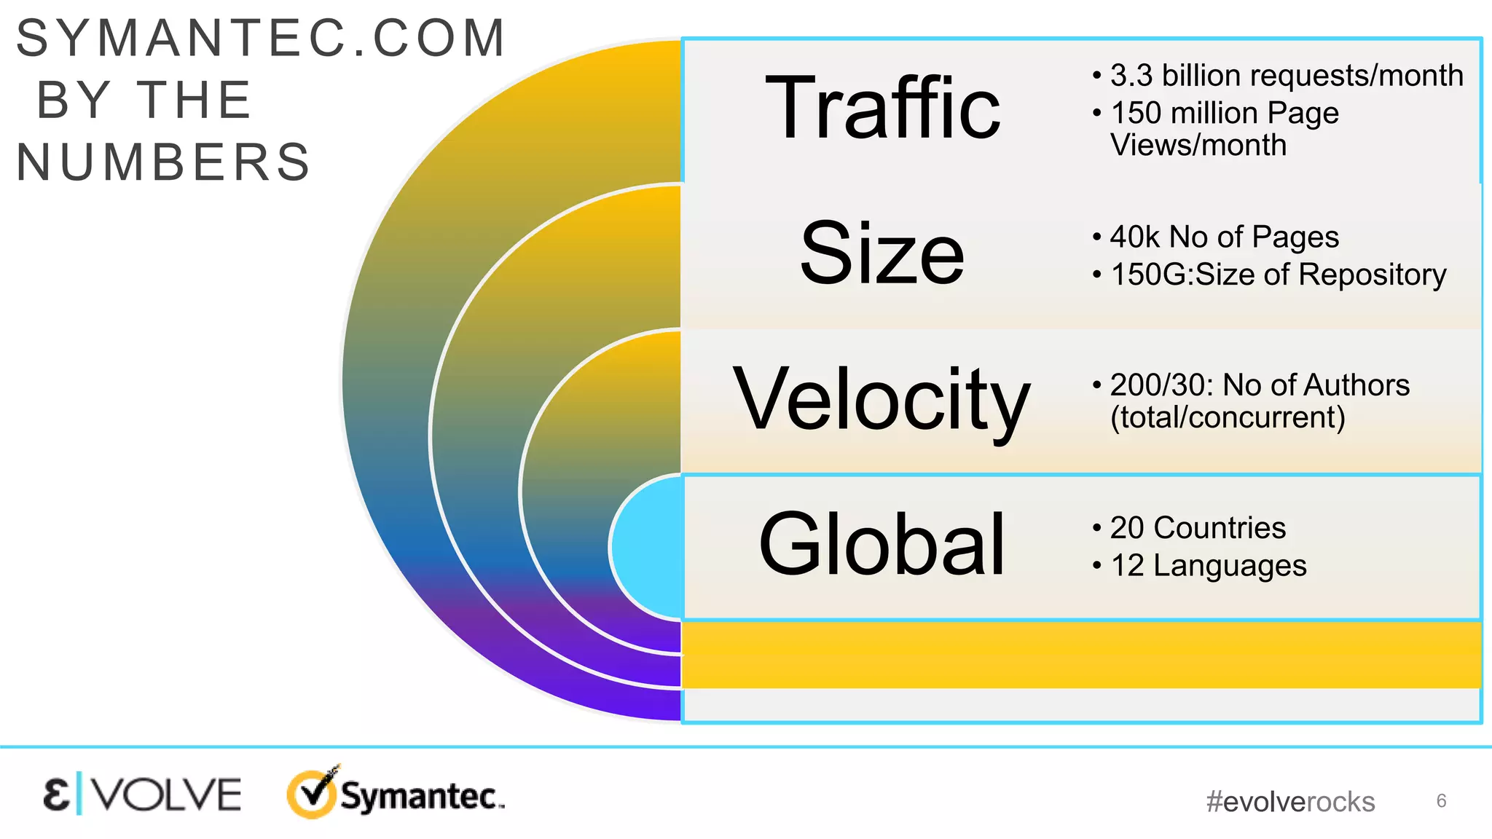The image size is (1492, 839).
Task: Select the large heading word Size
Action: [x=882, y=253]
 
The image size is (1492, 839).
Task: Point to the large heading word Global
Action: [x=882, y=545]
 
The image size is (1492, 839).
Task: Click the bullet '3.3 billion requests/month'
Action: [x=1287, y=76]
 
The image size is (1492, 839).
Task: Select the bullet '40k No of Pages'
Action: [x=1224, y=237]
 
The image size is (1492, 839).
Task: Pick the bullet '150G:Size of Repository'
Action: [x=1278, y=275]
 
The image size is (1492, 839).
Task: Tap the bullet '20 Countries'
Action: [x=1198, y=528]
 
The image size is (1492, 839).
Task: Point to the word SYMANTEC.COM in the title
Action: [x=261, y=38]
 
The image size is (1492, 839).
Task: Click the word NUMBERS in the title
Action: [x=164, y=162]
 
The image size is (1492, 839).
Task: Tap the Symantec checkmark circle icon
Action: [x=313, y=793]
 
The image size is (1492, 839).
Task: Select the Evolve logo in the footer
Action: [x=142, y=795]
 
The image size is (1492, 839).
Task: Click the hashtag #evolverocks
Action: [x=1290, y=802]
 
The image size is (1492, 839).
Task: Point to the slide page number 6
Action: [x=1441, y=801]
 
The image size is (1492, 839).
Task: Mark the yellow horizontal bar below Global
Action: [x=1081, y=654]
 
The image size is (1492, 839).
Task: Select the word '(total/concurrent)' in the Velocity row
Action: [x=1228, y=418]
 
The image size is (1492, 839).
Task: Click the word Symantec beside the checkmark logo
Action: [x=421, y=796]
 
